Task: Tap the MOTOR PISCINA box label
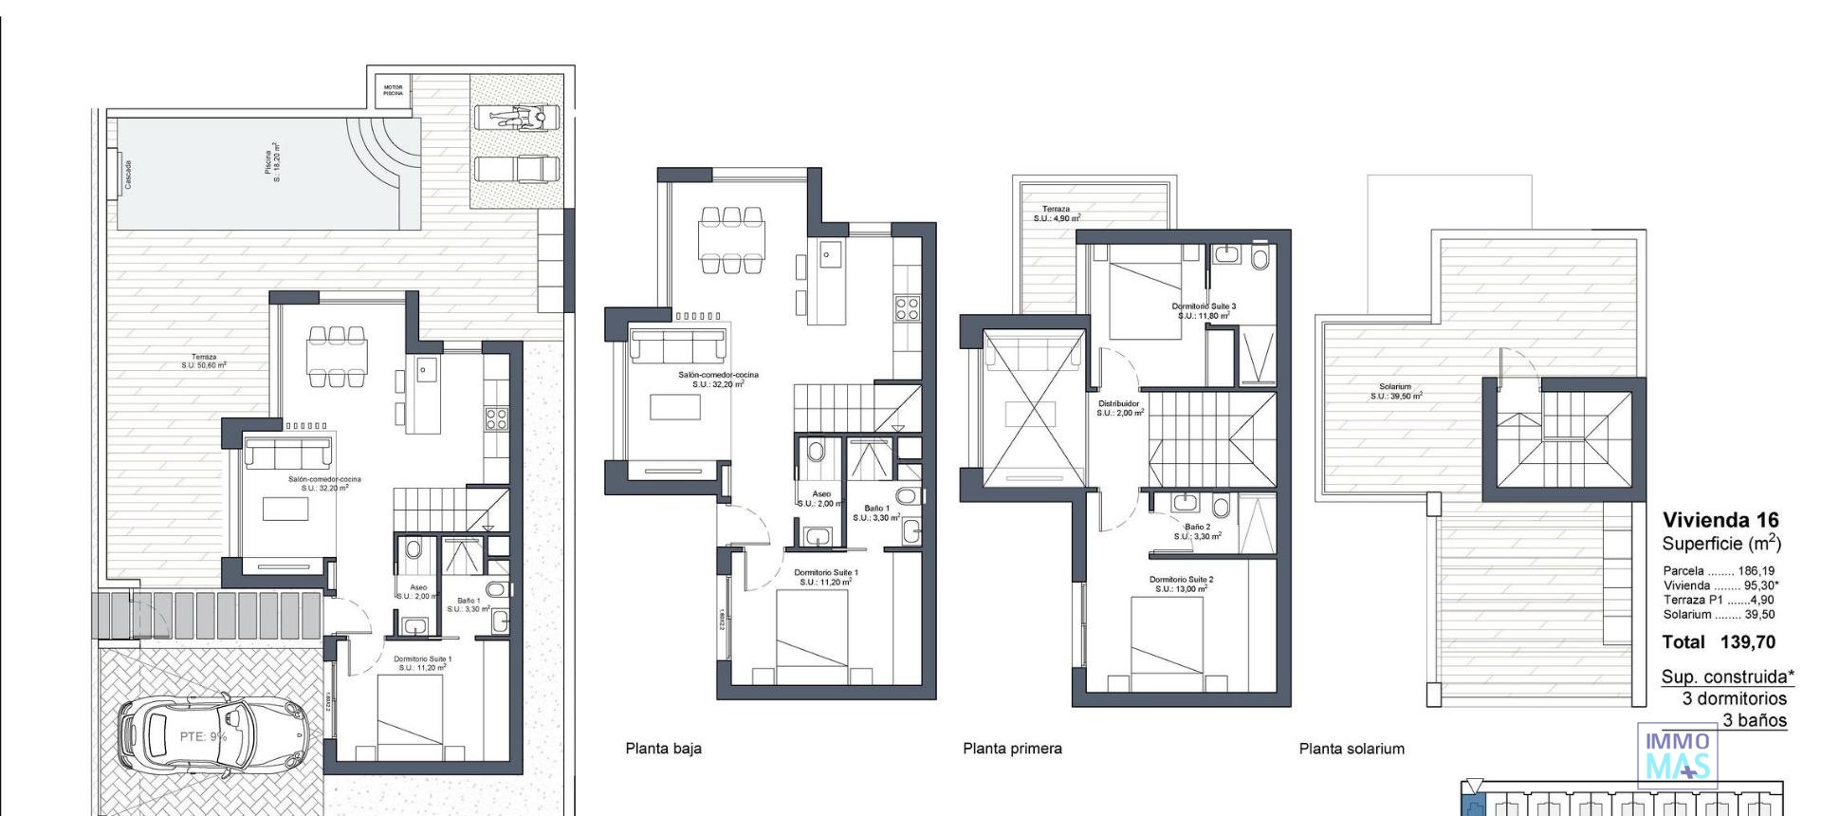[x=393, y=90]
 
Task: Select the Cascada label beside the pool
[x=128, y=174]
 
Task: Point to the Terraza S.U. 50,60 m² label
[x=204, y=361]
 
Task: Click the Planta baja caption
[x=663, y=749]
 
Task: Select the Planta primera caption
[x=1012, y=749]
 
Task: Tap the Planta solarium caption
[x=1352, y=749]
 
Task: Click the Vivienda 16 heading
[x=1720, y=520]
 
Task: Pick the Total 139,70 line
[x=1719, y=642]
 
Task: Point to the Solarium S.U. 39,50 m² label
[x=1395, y=391]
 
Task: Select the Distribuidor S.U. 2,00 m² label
[x=1119, y=408]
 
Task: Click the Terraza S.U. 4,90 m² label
[x=1057, y=213]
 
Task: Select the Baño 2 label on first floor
[x=1197, y=531]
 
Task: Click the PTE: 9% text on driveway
[x=203, y=737]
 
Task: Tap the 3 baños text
[x=1754, y=720]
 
